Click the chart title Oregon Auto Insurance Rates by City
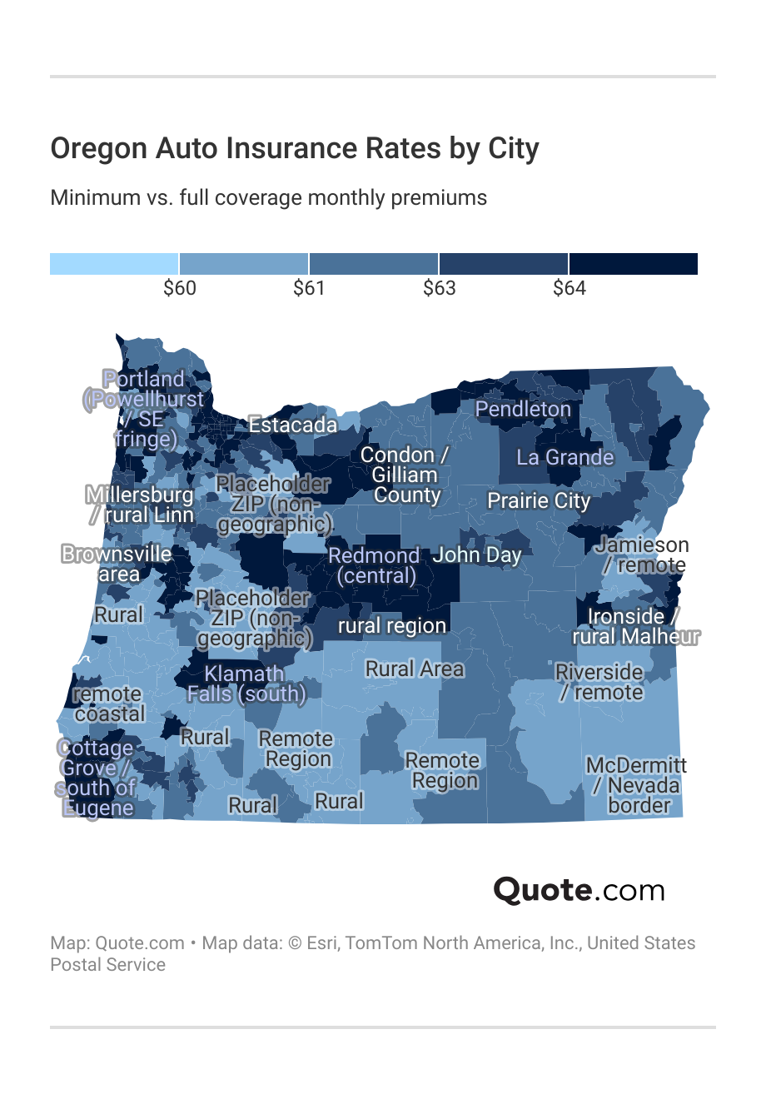pyautogui.click(x=295, y=149)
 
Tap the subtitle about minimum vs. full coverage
pyautogui.click(x=268, y=198)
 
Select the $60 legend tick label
pyautogui.click(x=179, y=288)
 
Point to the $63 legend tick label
pyautogui.click(x=439, y=288)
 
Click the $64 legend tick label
pyautogui.click(x=569, y=288)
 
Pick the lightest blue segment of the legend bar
pyautogui.click(x=114, y=264)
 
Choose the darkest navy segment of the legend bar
pyautogui.click(x=633, y=264)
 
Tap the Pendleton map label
pyautogui.click(x=523, y=409)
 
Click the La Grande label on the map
pyautogui.click(x=565, y=457)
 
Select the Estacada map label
pyautogui.click(x=293, y=425)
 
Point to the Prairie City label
pyautogui.click(x=538, y=500)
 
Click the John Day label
pyautogui.click(x=476, y=554)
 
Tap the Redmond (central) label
pyautogui.click(x=374, y=565)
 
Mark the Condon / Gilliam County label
pyautogui.click(x=405, y=475)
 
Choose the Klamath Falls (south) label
pyautogui.click(x=246, y=684)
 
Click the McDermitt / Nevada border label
pyautogui.click(x=637, y=785)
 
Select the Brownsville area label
pyautogui.click(x=117, y=564)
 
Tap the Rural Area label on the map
pyautogui.click(x=414, y=669)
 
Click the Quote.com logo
pyautogui.click(x=579, y=890)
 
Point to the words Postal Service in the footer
pyautogui.click(x=107, y=965)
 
